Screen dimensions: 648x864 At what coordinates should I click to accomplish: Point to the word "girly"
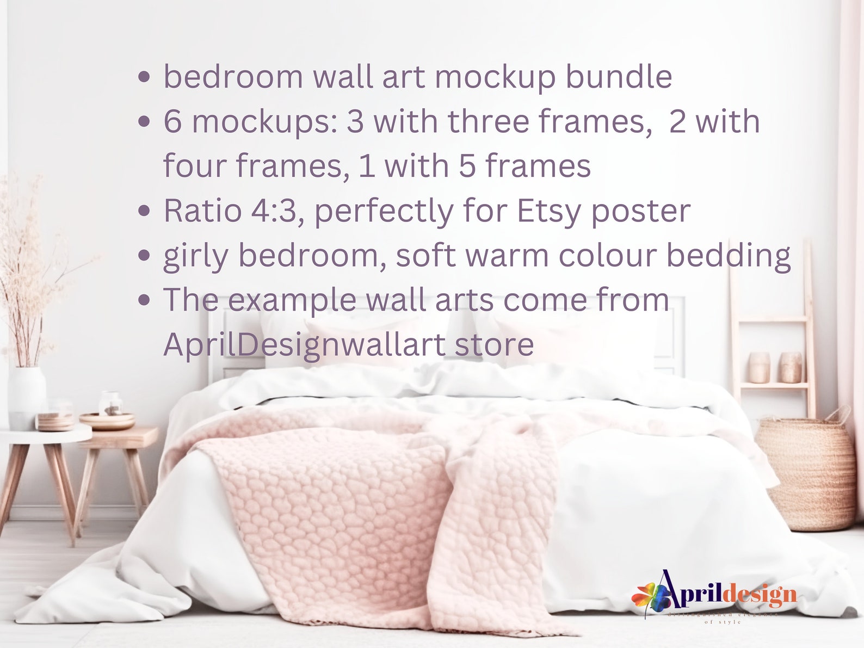[x=195, y=256]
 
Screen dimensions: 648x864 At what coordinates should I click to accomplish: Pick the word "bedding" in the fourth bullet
[x=729, y=256]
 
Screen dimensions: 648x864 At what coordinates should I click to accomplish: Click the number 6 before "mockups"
[x=172, y=121]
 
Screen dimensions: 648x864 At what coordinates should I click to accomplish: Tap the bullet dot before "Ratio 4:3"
[x=144, y=211]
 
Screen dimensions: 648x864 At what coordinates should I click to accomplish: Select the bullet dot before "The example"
[x=144, y=300]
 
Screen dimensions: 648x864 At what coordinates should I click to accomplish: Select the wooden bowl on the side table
[x=107, y=421]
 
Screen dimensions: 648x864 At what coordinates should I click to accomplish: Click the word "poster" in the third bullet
[x=640, y=211]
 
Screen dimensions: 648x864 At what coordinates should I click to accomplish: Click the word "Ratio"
[x=202, y=211]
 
